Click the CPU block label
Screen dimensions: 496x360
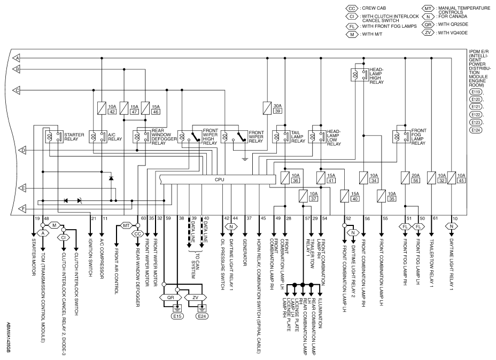(x=219, y=179)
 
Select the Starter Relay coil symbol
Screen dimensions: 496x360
(x=50, y=137)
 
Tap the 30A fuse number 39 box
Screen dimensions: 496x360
(x=278, y=111)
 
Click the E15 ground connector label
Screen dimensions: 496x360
(x=177, y=316)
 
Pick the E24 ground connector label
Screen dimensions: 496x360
(x=202, y=316)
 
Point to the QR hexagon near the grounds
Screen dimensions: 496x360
(x=170, y=298)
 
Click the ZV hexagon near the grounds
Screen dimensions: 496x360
(x=195, y=298)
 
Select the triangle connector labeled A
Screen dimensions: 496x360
(x=17, y=58)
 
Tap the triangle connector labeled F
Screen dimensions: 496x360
(x=22, y=209)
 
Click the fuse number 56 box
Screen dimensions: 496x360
(x=415, y=181)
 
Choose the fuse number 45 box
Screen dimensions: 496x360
(x=461, y=181)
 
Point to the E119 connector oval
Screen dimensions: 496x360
(x=475, y=92)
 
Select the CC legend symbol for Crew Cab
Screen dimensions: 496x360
(x=352, y=9)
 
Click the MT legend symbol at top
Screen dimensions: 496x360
(x=428, y=9)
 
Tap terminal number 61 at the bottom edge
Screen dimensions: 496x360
(x=435, y=218)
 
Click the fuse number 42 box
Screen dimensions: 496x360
(x=112, y=112)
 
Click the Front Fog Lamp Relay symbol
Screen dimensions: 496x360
(x=401, y=137)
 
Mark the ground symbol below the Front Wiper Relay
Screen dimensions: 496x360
(x=244, y=159)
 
